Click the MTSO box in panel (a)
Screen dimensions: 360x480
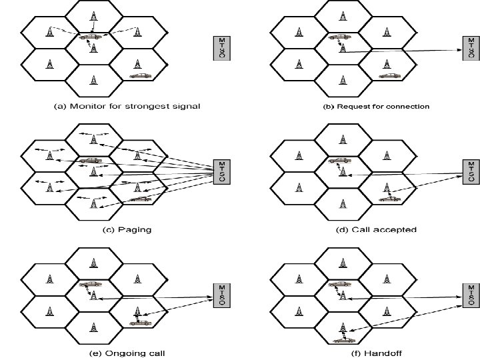(x=223, y=49)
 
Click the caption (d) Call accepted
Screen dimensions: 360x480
(x=377, y=229)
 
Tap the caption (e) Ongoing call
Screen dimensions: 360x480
(x=126, y=353)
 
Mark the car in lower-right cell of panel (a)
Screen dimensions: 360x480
(x=140, y=76)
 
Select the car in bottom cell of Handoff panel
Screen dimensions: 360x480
(x=342, y=340)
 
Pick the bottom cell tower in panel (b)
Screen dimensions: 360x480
(x=341, y=80)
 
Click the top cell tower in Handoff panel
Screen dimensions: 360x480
(x=341, y=261)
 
